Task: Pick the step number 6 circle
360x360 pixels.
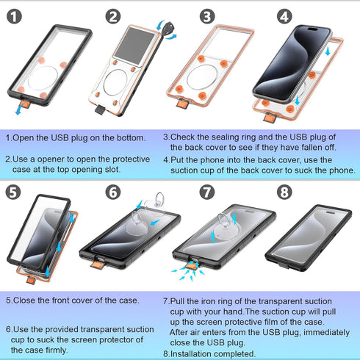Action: coord(112,192)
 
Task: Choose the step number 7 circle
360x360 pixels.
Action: coord(208,192)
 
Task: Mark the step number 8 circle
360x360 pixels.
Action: coord(284,192)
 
